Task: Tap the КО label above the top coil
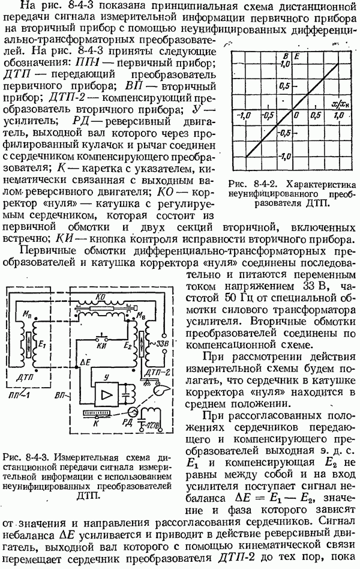pyautogui.click(x=103, y=296)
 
